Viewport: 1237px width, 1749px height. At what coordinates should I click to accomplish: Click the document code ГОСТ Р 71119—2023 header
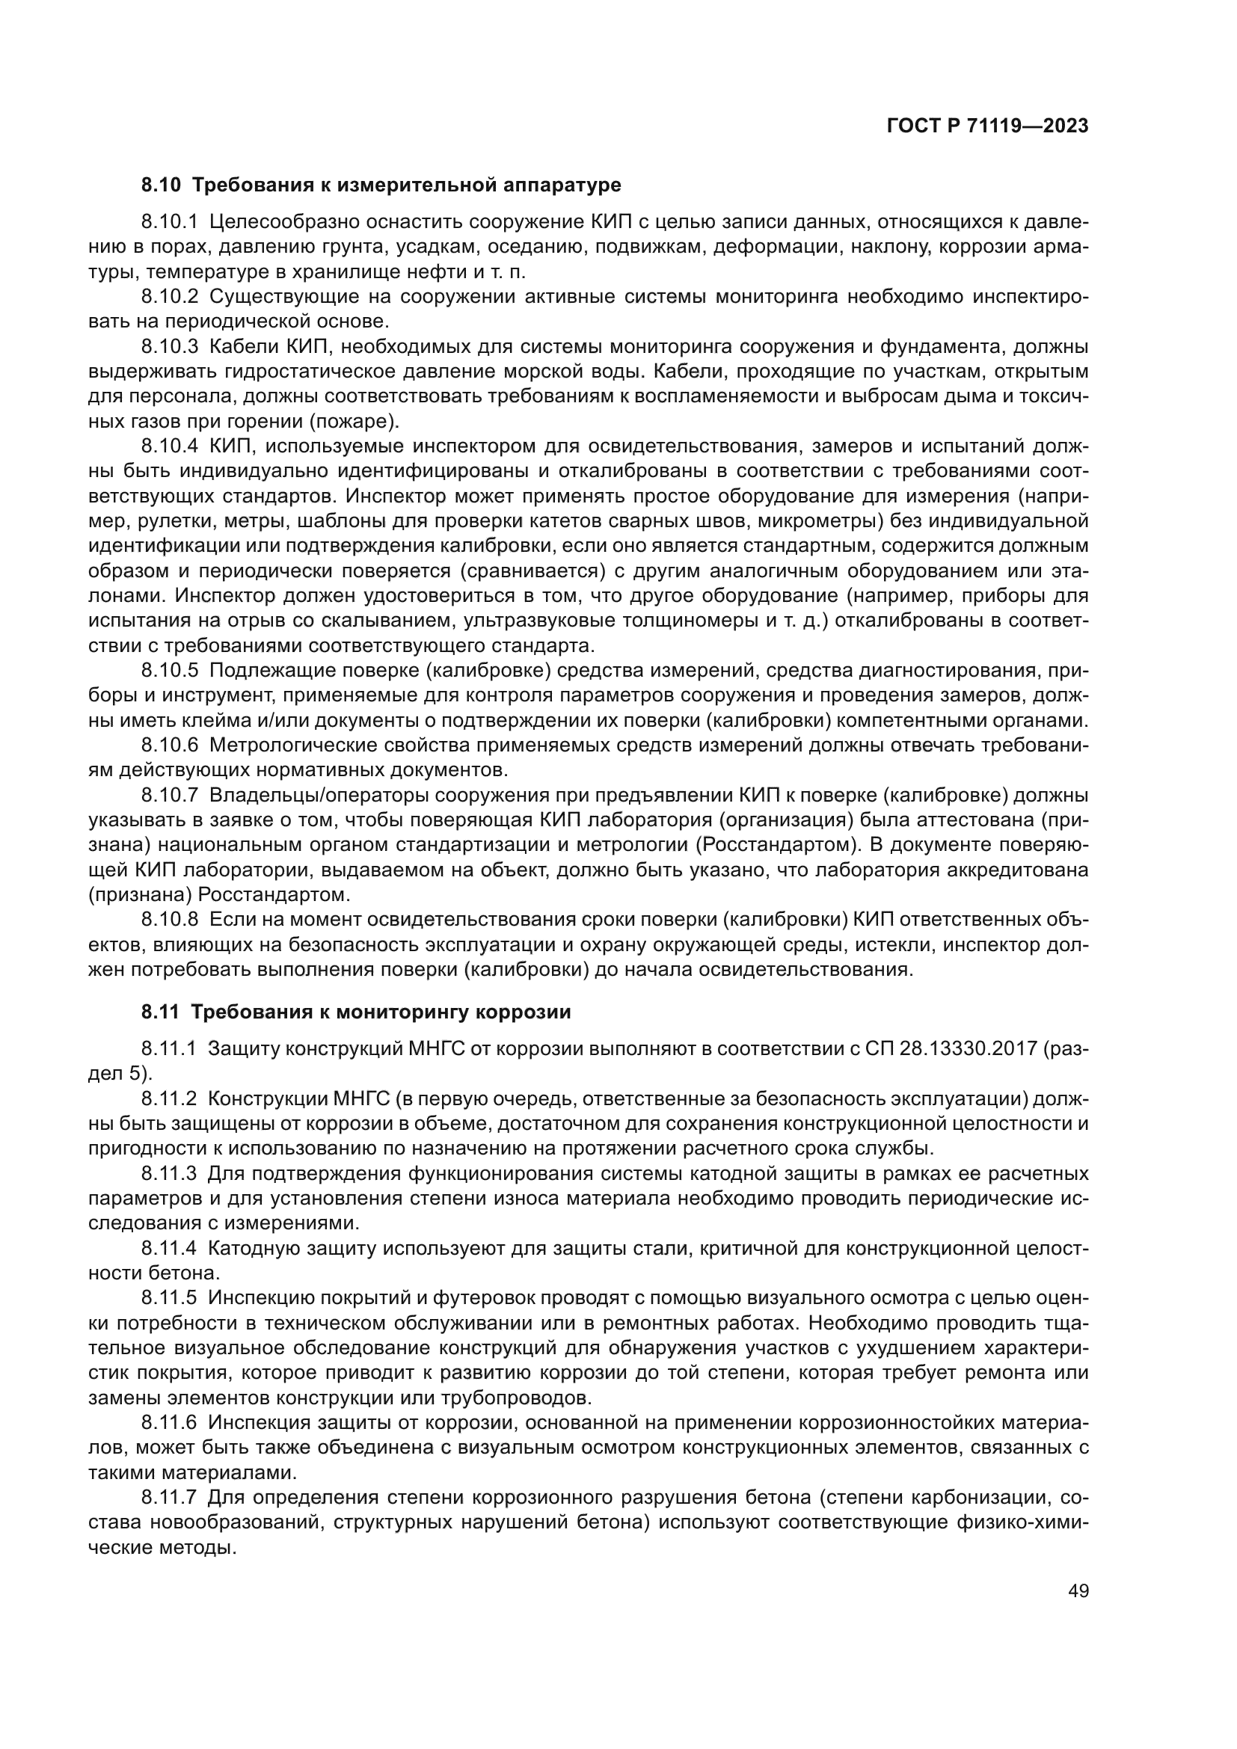[987, 126]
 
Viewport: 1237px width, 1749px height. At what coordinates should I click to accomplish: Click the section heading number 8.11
[160, 1012]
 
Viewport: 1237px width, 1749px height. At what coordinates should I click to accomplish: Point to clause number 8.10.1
[169, 222]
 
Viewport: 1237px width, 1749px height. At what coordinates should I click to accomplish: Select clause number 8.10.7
[169, 796]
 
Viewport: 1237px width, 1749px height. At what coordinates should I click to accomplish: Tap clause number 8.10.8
[169, 921]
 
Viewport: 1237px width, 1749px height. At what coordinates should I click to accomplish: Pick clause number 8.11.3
[169, 1174]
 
